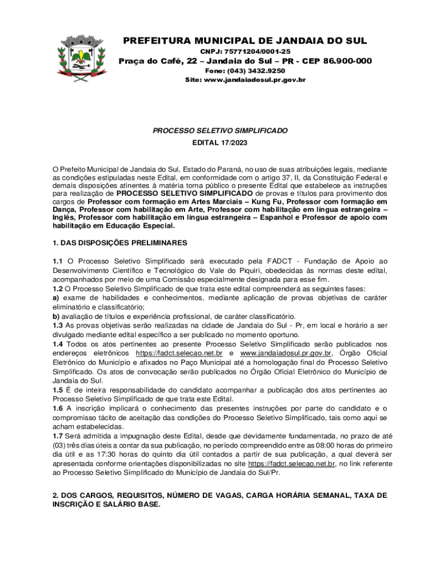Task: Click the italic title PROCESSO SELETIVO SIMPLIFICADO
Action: click(x=220, y=131)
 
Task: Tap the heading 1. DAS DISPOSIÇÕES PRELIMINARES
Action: click(x=119, y=243)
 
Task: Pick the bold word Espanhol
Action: click(x=298, y=218)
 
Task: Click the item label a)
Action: click(x=56, y=298)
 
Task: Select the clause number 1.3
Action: click(x=58, y=326)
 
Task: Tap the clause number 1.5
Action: click(x=58, y=390)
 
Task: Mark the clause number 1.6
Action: click(x=58, y=408)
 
